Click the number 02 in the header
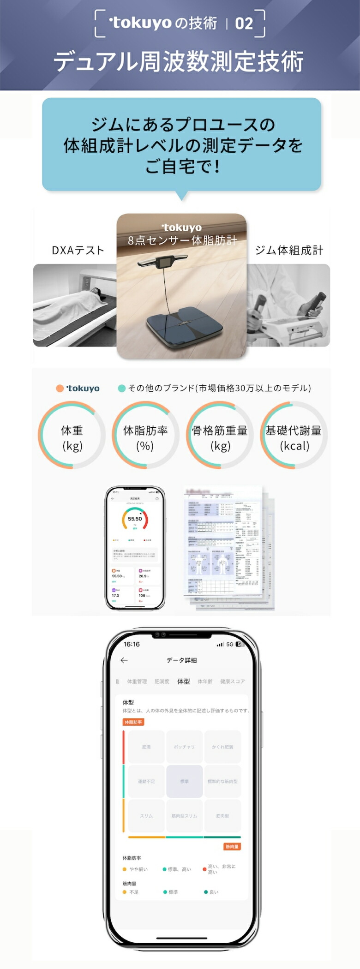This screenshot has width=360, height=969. click(x=244, y=24)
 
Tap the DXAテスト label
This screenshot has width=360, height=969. click(x=78, y=251)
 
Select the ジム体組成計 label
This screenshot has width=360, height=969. click(x=289, y=251)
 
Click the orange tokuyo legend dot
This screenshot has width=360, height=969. click(x=60, y=389)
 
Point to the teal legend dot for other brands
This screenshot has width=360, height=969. click(x=122, y=389)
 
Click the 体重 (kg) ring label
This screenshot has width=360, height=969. click(x=72, y=437)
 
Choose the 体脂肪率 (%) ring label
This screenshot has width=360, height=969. click(x=145, y=437)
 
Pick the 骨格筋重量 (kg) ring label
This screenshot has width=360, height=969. click(x=220, y=437)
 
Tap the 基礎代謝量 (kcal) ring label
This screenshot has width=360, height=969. click(x=294, y=437)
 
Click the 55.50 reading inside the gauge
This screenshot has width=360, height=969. click(x=135, y=519)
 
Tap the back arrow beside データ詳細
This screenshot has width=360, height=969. click(x=124, y=660)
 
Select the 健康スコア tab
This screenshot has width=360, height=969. click(x=232, y=682)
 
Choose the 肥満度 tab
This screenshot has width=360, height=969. click(x=162, y=682)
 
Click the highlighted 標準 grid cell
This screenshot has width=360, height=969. click(x=184, y=781)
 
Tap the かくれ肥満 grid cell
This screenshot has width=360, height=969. click(x=222, y=747)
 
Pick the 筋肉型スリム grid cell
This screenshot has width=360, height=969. click(x=184, y=816)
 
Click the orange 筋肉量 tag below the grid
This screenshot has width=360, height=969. click(x=232, y=847)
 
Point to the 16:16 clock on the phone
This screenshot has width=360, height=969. click(x=132, y=644)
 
